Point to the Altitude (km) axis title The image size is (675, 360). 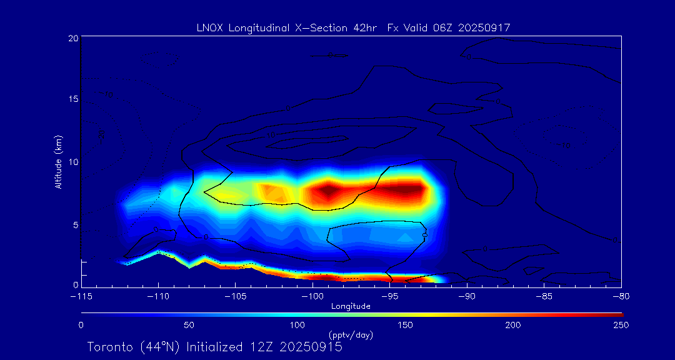59,161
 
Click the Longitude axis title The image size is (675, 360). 351,306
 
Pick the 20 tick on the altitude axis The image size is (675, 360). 72,38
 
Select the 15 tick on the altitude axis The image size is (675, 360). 72,100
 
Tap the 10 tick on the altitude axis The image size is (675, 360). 72,162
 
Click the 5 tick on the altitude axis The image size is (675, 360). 75,224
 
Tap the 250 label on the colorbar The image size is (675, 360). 621,325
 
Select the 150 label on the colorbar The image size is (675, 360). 406,325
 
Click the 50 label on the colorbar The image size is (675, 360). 189,325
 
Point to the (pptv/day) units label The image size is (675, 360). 351,335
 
